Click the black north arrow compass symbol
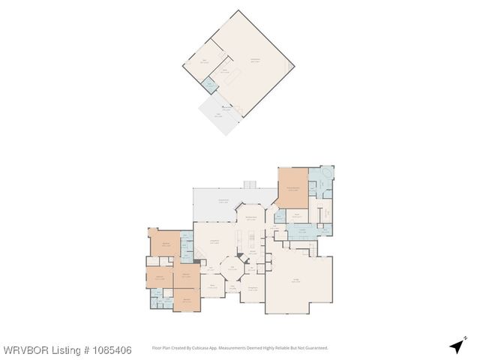456,346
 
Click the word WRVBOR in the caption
24,350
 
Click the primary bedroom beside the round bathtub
292,188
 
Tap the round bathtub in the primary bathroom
325,180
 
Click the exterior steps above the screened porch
250,184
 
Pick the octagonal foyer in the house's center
232,268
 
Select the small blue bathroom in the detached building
211,85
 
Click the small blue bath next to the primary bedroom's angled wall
280,216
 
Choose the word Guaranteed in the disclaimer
316,348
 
